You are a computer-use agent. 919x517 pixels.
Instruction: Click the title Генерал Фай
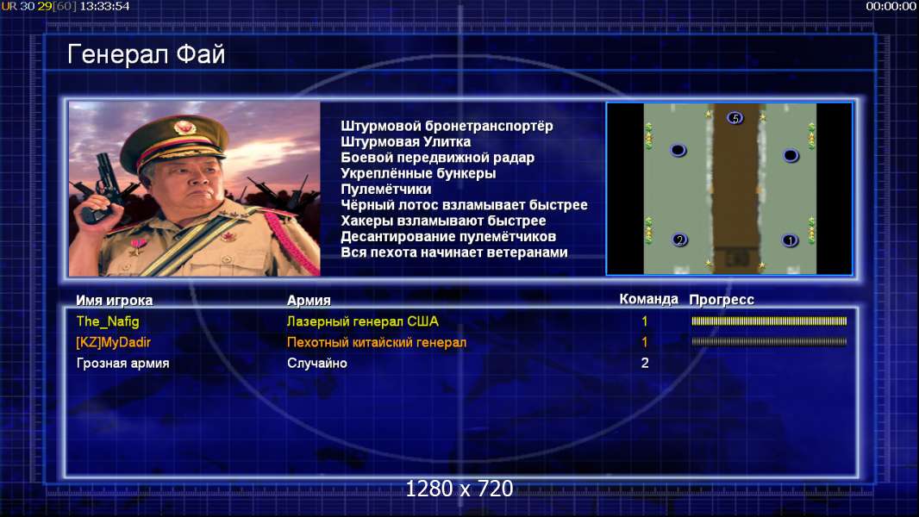[146, 54]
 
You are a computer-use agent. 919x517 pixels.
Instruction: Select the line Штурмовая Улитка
[405, 141]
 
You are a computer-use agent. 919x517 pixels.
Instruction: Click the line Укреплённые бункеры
[418, 173]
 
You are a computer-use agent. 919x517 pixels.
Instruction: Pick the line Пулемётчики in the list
[386, 189]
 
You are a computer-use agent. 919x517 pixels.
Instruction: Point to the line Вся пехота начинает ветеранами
[454, 252]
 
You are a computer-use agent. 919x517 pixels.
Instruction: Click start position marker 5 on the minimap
[735, 118]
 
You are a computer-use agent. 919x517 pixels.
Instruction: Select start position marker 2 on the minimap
[679, 240]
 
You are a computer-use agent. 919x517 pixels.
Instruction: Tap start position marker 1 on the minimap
[790, 240]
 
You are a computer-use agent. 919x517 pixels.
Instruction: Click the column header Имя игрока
[115, 301]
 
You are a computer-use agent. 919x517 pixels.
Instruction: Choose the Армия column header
[309, 301]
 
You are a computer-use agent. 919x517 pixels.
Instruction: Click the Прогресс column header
[722, 300]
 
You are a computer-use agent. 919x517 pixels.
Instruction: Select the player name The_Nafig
[108, 321]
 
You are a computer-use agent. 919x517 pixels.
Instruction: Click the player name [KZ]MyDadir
[113, 343]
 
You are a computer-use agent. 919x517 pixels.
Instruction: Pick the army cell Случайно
[317, 363]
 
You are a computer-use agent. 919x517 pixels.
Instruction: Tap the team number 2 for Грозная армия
[645, 363]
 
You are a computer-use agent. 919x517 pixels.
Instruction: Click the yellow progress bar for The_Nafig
[769, 321]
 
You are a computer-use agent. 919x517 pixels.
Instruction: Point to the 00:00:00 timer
[891, 6]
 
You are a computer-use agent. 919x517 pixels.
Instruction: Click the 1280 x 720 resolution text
[459, 489]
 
